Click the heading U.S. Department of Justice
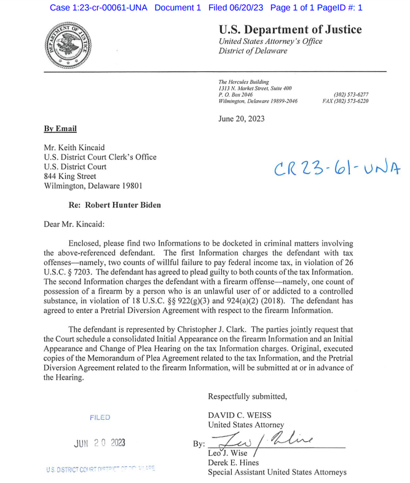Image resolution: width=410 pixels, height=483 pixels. [x=290, y=30]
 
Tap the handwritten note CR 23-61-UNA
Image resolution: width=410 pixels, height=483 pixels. [x=337, y=167]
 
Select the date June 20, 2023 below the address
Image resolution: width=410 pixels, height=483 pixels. [x=242, y=119]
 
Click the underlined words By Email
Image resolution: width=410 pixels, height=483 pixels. [x=60, y=129]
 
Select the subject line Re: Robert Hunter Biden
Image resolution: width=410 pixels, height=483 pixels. [x=115, y=205]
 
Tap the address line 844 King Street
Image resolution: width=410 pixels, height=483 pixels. [x=70, y=176]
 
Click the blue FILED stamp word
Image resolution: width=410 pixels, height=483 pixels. [x=100, y=418]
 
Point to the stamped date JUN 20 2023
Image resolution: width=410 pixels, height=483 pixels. [x=100, y=442]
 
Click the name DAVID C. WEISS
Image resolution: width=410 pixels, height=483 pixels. [x=240, y=415]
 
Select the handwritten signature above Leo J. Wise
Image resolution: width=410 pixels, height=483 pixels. [x=270, y=441]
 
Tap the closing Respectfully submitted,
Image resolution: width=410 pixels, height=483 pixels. [x=247, y=396]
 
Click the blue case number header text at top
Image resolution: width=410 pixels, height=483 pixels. [x=205, y=7]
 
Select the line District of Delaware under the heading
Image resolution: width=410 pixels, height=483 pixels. [x=253, y=51]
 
